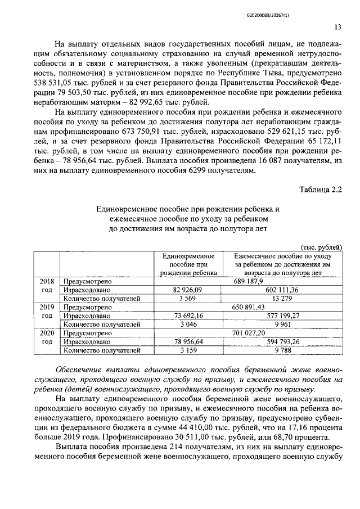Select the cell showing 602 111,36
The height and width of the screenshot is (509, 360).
pos(282,290)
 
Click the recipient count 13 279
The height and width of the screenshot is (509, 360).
pos(282,298)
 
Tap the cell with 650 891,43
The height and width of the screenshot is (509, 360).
pos(247,307)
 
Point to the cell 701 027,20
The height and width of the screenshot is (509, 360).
pos(247,333)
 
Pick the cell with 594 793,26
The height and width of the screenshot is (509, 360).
pos(282,341)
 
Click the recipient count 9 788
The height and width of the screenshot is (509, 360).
pos(282,350)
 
